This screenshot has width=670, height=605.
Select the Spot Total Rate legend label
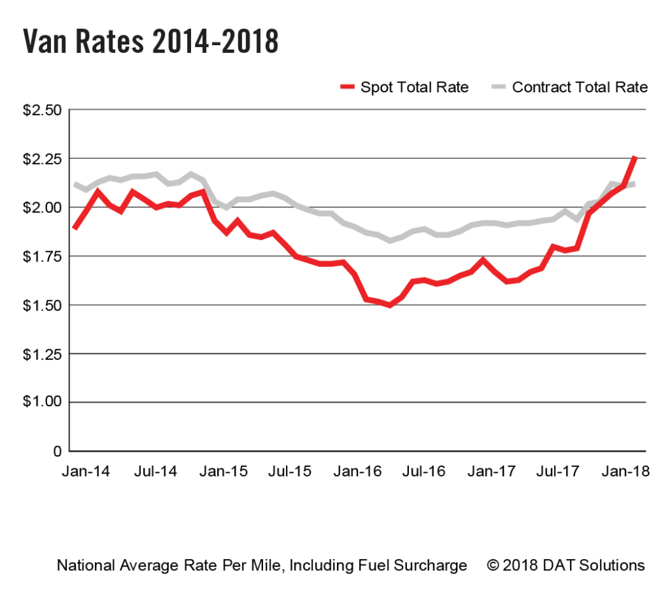414,87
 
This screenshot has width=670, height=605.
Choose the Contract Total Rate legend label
580,87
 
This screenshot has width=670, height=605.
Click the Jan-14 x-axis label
86,471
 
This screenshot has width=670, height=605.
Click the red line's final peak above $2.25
635,158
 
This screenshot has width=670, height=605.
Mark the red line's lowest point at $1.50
390,305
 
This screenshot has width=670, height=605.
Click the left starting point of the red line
75,228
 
